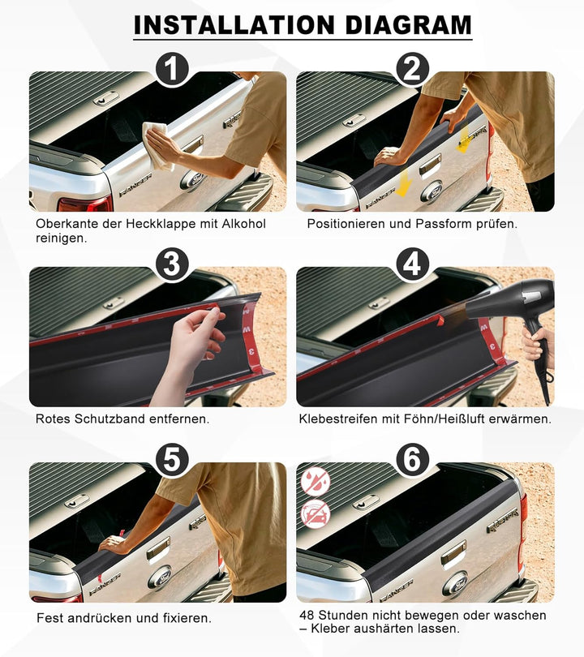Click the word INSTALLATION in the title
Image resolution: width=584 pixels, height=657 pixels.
pos(234,25)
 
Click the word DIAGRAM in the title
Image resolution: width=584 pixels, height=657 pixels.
pos(409,25)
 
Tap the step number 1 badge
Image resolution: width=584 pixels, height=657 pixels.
pos(172,70)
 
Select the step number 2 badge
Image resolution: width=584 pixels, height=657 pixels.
pos(412,69)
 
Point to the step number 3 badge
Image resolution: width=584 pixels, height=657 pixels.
pos(172,264)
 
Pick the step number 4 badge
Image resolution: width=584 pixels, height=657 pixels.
pos(412,264)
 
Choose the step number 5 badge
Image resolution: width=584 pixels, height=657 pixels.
pos(172,460)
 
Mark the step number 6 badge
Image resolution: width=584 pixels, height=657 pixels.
pos(412,460)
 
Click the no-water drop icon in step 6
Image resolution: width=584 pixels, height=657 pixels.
pos(316,482)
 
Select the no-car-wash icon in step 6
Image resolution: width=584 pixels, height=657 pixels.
pos(316,513)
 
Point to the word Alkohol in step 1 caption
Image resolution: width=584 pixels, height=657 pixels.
pos(244,224)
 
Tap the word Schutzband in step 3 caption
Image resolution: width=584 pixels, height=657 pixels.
pos(109,419)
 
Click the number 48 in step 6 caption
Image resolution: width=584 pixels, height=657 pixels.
pos(307,616)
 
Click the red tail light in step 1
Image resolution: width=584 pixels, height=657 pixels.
pos(86,204)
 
